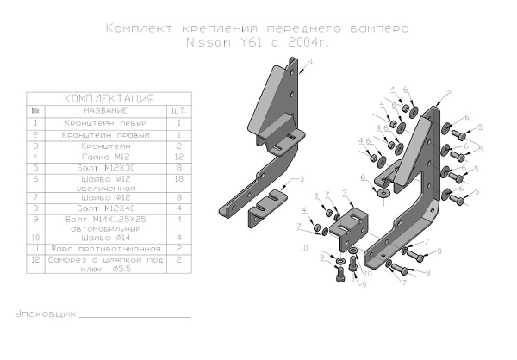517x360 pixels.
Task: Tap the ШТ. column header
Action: pyautogui.click(x=178, y=110)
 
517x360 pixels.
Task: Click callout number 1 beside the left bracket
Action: pyautogui.click(x=311, y=63)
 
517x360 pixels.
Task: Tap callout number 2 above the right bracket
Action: pyautogui.click(x=449, y=93)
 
